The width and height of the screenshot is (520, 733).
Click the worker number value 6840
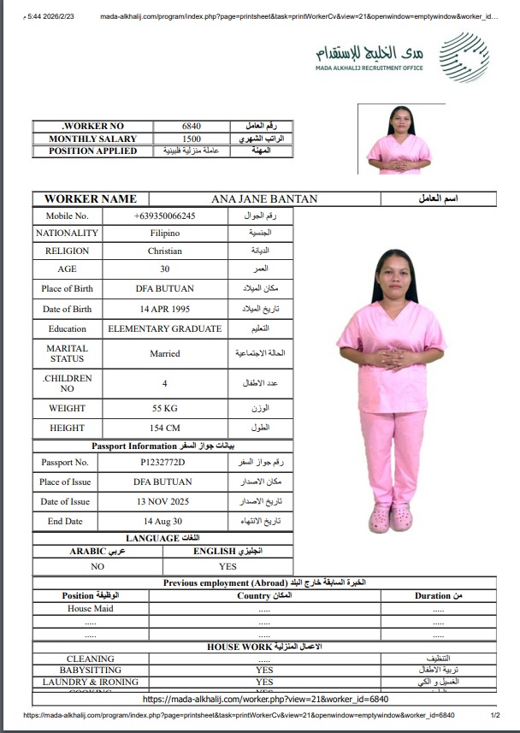point(192,127)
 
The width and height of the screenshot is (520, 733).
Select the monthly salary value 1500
point(192,139)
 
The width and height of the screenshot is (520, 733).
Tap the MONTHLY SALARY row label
point(92,139)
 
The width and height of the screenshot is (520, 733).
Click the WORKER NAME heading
point(90,199)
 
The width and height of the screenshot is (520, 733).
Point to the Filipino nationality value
point(164,233)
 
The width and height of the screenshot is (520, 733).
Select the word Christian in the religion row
point(164,251)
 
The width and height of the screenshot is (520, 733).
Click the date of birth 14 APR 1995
point(164,309)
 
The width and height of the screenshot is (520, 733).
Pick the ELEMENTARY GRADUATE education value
point(164,328)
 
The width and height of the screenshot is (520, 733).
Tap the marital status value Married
point(164,353)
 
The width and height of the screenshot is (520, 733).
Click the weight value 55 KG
point(164,409)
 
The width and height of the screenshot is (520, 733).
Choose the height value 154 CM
point(164,428)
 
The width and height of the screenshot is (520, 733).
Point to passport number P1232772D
point(162,463)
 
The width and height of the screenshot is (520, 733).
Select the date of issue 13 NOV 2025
point(162,502)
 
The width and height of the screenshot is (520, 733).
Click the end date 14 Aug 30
point(162,521)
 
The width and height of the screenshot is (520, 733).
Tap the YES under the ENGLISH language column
point(227,566)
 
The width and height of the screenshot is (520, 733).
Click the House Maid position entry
point(91,609)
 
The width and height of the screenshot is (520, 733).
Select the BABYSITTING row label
point(91,671)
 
